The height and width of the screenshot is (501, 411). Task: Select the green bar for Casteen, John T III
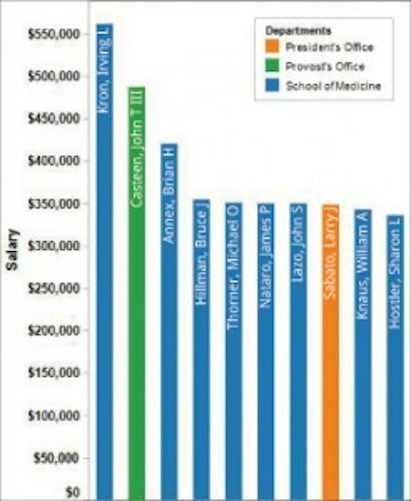pos(137,294)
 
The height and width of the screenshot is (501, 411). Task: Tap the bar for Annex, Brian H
pos(169,322)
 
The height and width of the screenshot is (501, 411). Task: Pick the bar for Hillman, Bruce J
pos(201,349)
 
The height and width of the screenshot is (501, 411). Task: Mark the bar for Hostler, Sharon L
pos(395,357)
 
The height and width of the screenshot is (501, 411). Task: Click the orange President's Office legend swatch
pos(272,47)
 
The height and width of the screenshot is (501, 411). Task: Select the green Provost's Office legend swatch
pos(272,66)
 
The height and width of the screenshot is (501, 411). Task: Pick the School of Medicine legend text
pos(333,86)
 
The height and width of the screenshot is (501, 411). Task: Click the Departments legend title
pos(298,31)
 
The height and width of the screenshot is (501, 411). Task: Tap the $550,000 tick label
pos(53,34)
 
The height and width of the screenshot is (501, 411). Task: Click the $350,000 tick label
pos(53,204)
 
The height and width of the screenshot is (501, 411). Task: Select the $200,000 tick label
pos(53,331)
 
